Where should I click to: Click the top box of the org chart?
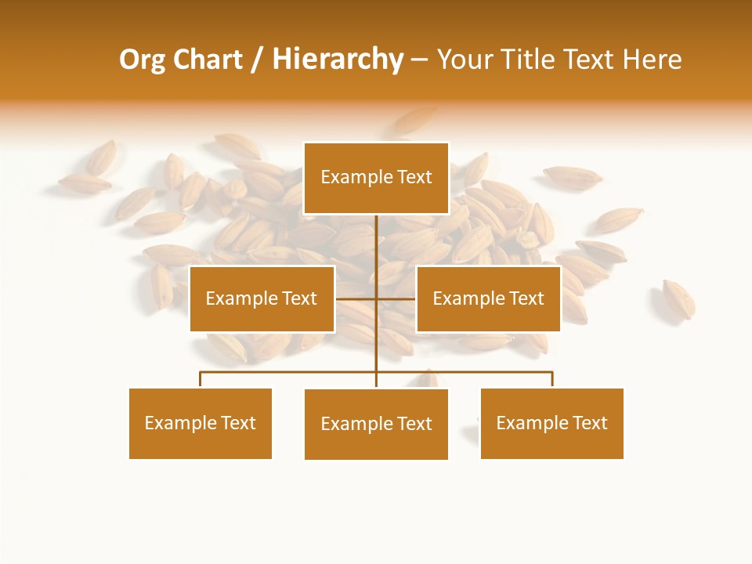pos(376,178)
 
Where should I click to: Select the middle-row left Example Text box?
pos(262,298)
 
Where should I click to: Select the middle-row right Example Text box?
pos(488,298)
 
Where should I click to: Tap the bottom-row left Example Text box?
pos(201,423)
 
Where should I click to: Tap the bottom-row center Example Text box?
pos(376,424)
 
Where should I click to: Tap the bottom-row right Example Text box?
pos(552,423)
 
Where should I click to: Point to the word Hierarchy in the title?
pos(337,60)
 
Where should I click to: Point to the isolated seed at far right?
pos(678,298)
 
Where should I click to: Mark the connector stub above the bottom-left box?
pos(201,379)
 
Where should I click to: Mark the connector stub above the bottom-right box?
pos(552,379)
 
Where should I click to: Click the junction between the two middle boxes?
pos(376,298)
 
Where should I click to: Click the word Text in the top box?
pos(414,178)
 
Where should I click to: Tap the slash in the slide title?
pos(256,60)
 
